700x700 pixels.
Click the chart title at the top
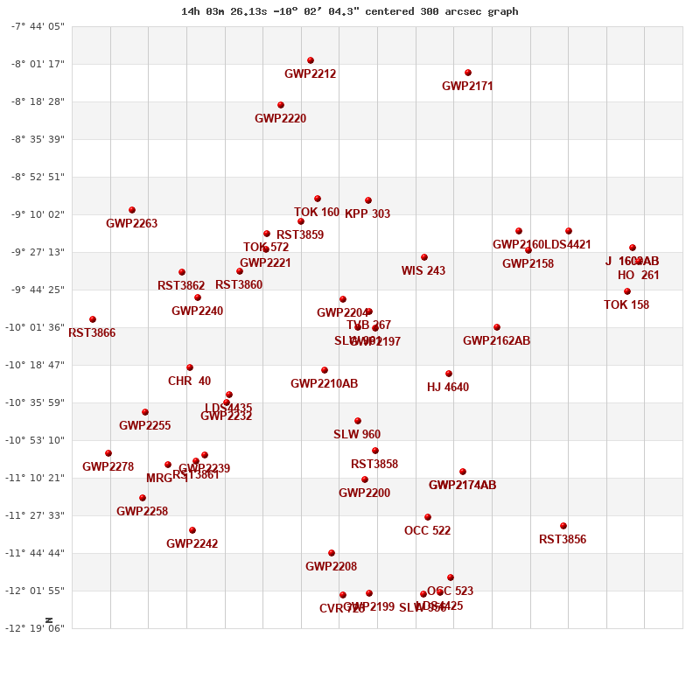point(349,11)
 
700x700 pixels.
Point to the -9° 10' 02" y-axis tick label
point(37,214)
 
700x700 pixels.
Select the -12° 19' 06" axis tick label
point(37,628)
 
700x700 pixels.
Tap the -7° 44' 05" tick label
point(37,26)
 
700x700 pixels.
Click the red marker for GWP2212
point(311,60)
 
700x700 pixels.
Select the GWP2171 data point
point(468,73)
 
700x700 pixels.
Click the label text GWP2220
point(280,119)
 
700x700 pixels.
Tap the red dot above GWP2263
point(132,210)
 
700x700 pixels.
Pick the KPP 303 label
point(367,214)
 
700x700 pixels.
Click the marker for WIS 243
point(424,257)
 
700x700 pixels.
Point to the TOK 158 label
point(626,305)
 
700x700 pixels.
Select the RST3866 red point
point(93,319)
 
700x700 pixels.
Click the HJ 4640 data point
point(449,374)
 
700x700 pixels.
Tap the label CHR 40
point(189,381)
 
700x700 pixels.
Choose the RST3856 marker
point(563,526)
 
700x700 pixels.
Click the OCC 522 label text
point(427,531)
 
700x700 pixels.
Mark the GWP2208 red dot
point(332,553)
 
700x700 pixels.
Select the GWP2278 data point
point(108,453)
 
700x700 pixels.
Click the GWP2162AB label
point(496,341)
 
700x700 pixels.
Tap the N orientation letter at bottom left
point(49,619)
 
